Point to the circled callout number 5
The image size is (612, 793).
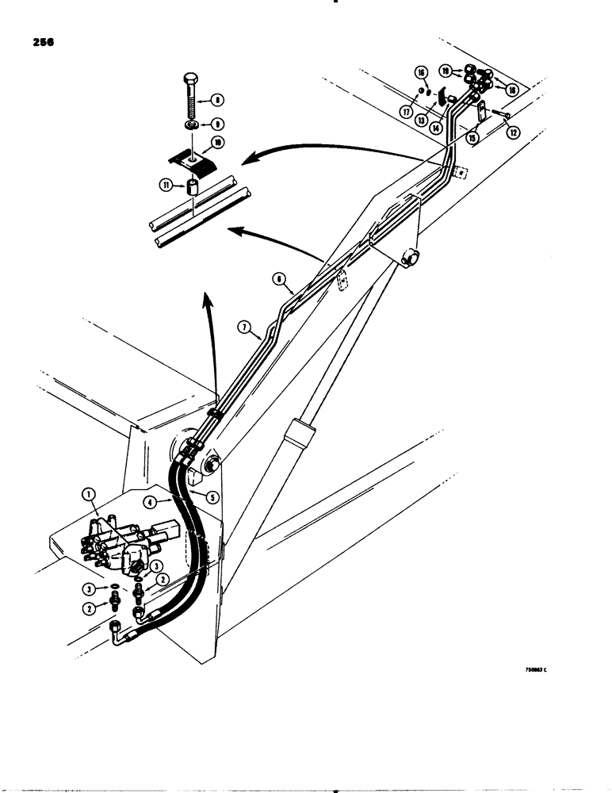click(x=212, y=497)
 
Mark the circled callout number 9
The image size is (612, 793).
click(x=216, y=125)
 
